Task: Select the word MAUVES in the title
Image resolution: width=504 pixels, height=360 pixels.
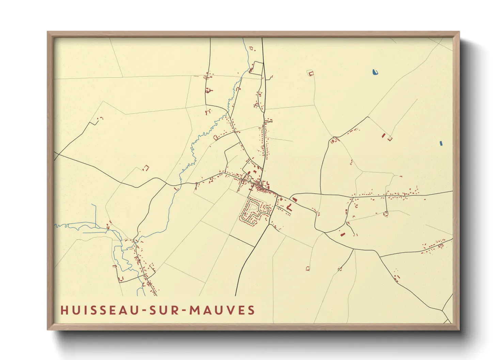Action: coord(222,310)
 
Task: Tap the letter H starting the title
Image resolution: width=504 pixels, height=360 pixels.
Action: coord(64,310)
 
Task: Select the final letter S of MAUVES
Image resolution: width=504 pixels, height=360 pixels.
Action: coord(251,310)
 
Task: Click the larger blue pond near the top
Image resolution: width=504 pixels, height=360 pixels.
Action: coord(375,72)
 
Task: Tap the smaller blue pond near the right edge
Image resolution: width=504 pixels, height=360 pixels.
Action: coord(441,143)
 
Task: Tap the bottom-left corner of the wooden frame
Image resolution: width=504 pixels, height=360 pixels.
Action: coord(48,329)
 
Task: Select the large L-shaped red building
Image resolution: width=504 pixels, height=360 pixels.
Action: coord(289,207)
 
